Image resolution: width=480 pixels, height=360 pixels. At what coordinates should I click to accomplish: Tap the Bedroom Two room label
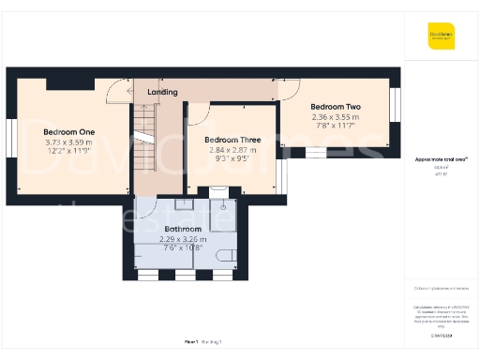(x=336, y=107)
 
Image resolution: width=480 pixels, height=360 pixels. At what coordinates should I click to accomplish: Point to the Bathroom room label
(x=183, y=229)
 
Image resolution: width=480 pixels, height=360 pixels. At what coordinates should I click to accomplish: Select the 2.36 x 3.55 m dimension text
(x=336, y=116)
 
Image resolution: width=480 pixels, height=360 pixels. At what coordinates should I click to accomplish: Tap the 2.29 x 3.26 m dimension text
(x=183, y=239)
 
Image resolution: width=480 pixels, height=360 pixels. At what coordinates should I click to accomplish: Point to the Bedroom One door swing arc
(x=116, y=91)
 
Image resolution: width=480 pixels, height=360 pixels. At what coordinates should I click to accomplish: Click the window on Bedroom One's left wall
(x=10, y=138)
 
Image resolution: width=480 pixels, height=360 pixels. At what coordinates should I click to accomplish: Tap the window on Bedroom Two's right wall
(x=395, y=101)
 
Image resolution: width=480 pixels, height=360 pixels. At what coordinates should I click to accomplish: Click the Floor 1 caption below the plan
(x=191, y=343)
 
